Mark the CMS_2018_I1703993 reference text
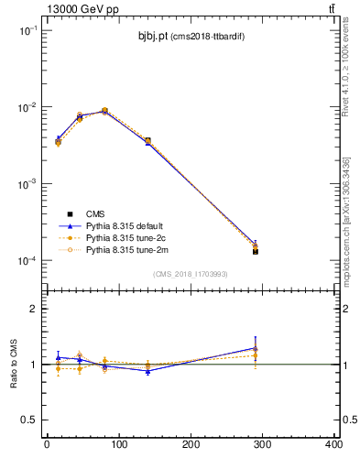pyautogui.click(x=190, y=274)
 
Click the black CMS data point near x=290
pyautogui.click(x=256, y=251)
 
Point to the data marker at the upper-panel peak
pyautogui.click(x=104, y=111)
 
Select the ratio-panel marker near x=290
pyautogui.click(x=256, y=348)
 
